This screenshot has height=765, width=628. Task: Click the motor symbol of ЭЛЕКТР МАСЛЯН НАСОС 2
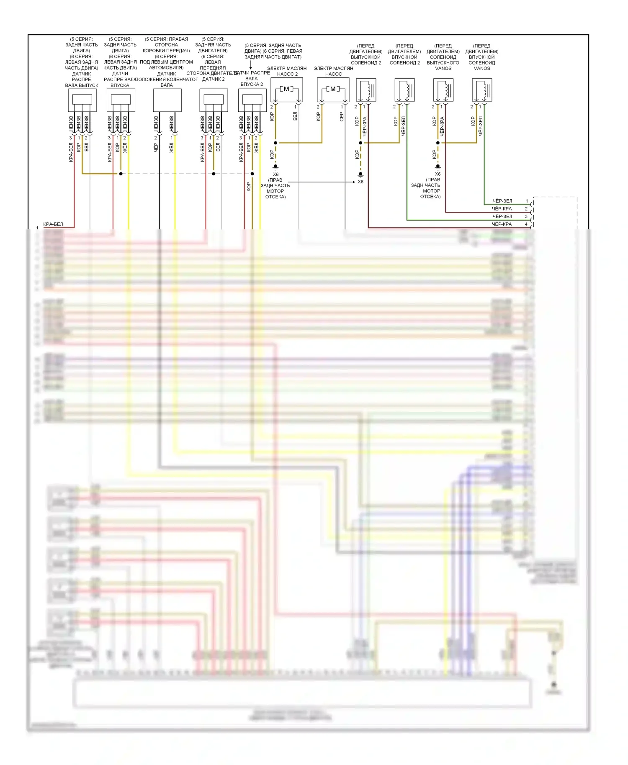point(286,89)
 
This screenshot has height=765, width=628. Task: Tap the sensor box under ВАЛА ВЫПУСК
point(82,100)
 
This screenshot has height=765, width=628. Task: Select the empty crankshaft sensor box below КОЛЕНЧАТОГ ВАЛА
point(167,100)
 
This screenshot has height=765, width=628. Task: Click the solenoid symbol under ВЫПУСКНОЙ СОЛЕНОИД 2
point(366,90)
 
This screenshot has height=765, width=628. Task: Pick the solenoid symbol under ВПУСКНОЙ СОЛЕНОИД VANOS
point(482,90)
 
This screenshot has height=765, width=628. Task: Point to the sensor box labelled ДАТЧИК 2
point(214,100)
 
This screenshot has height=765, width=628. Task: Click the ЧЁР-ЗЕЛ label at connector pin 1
point(502,201)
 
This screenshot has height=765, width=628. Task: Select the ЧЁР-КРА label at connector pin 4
point(502,224)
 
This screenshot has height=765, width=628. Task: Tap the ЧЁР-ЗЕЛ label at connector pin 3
point(502,216)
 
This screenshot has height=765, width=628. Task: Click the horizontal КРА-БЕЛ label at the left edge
point(53,224)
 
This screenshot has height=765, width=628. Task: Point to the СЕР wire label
point(342,117)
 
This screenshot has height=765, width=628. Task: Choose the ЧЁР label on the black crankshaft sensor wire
point(156,147)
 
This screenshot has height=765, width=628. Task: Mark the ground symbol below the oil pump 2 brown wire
point(275,167)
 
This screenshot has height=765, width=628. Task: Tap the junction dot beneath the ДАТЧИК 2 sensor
point(214,174)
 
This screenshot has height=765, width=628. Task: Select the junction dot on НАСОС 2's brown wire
point(275,143)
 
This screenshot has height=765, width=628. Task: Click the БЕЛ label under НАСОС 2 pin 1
point(295,116)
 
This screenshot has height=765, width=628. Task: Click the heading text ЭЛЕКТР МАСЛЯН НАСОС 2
point(287,71)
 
